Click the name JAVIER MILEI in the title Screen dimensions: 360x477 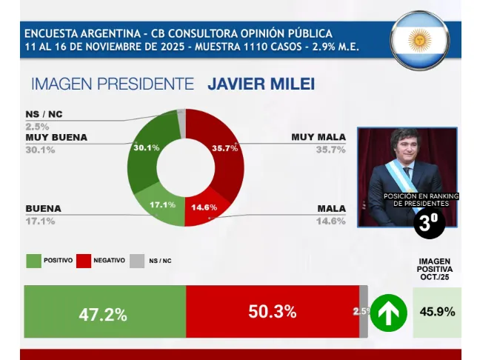click(261, 84)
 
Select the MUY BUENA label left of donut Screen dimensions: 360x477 click(56, 137)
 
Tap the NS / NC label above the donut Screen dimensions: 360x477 click(44, 113)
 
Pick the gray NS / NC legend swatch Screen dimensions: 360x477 click(137, 261)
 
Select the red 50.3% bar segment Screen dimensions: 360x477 click(272, 312)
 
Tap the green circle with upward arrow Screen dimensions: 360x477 click(389, 313)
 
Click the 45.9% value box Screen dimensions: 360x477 click(436, 312)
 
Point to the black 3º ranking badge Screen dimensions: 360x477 click(430, 223)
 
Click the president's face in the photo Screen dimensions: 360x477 click(407, 159)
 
